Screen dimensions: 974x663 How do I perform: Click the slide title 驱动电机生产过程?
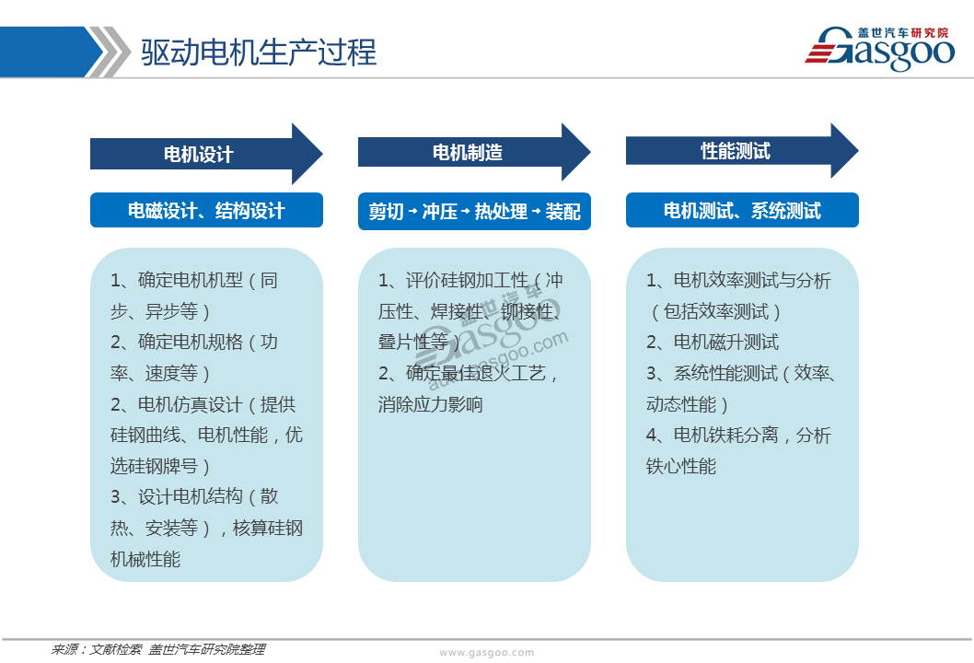[x=259, y=52]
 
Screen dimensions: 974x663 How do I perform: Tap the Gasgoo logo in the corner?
[x=880, y=49]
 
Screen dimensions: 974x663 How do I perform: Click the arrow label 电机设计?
[x=199, y=154]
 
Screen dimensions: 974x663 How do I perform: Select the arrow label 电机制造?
[x=468, y=152]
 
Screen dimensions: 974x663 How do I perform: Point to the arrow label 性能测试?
[x=736, y=150]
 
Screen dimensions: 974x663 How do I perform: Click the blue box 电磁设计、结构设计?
[x=206, y=211]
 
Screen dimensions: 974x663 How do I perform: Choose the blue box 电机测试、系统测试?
[x=742, y=211]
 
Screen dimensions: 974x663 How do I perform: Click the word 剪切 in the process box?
[x=387, y=212]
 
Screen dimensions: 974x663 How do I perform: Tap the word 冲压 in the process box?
[x=440, y=212]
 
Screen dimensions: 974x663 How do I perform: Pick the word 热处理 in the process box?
[x=501, y=212]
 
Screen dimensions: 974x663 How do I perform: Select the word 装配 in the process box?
[x=562, y=212]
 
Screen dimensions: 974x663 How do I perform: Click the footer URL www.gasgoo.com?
[x=486, y=653]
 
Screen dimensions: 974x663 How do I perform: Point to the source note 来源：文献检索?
[x=97, y=649]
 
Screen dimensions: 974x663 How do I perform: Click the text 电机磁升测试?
[x=726, y=342]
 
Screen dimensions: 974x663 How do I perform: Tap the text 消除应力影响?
[x=431, y=404]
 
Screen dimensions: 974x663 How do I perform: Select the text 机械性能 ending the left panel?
[x=145, y=559]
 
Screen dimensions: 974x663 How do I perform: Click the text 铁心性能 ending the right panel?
[x=681, y=466]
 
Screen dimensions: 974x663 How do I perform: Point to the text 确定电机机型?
[x=190, y=280]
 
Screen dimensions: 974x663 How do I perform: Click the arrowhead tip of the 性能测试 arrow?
[x=858, y=150]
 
